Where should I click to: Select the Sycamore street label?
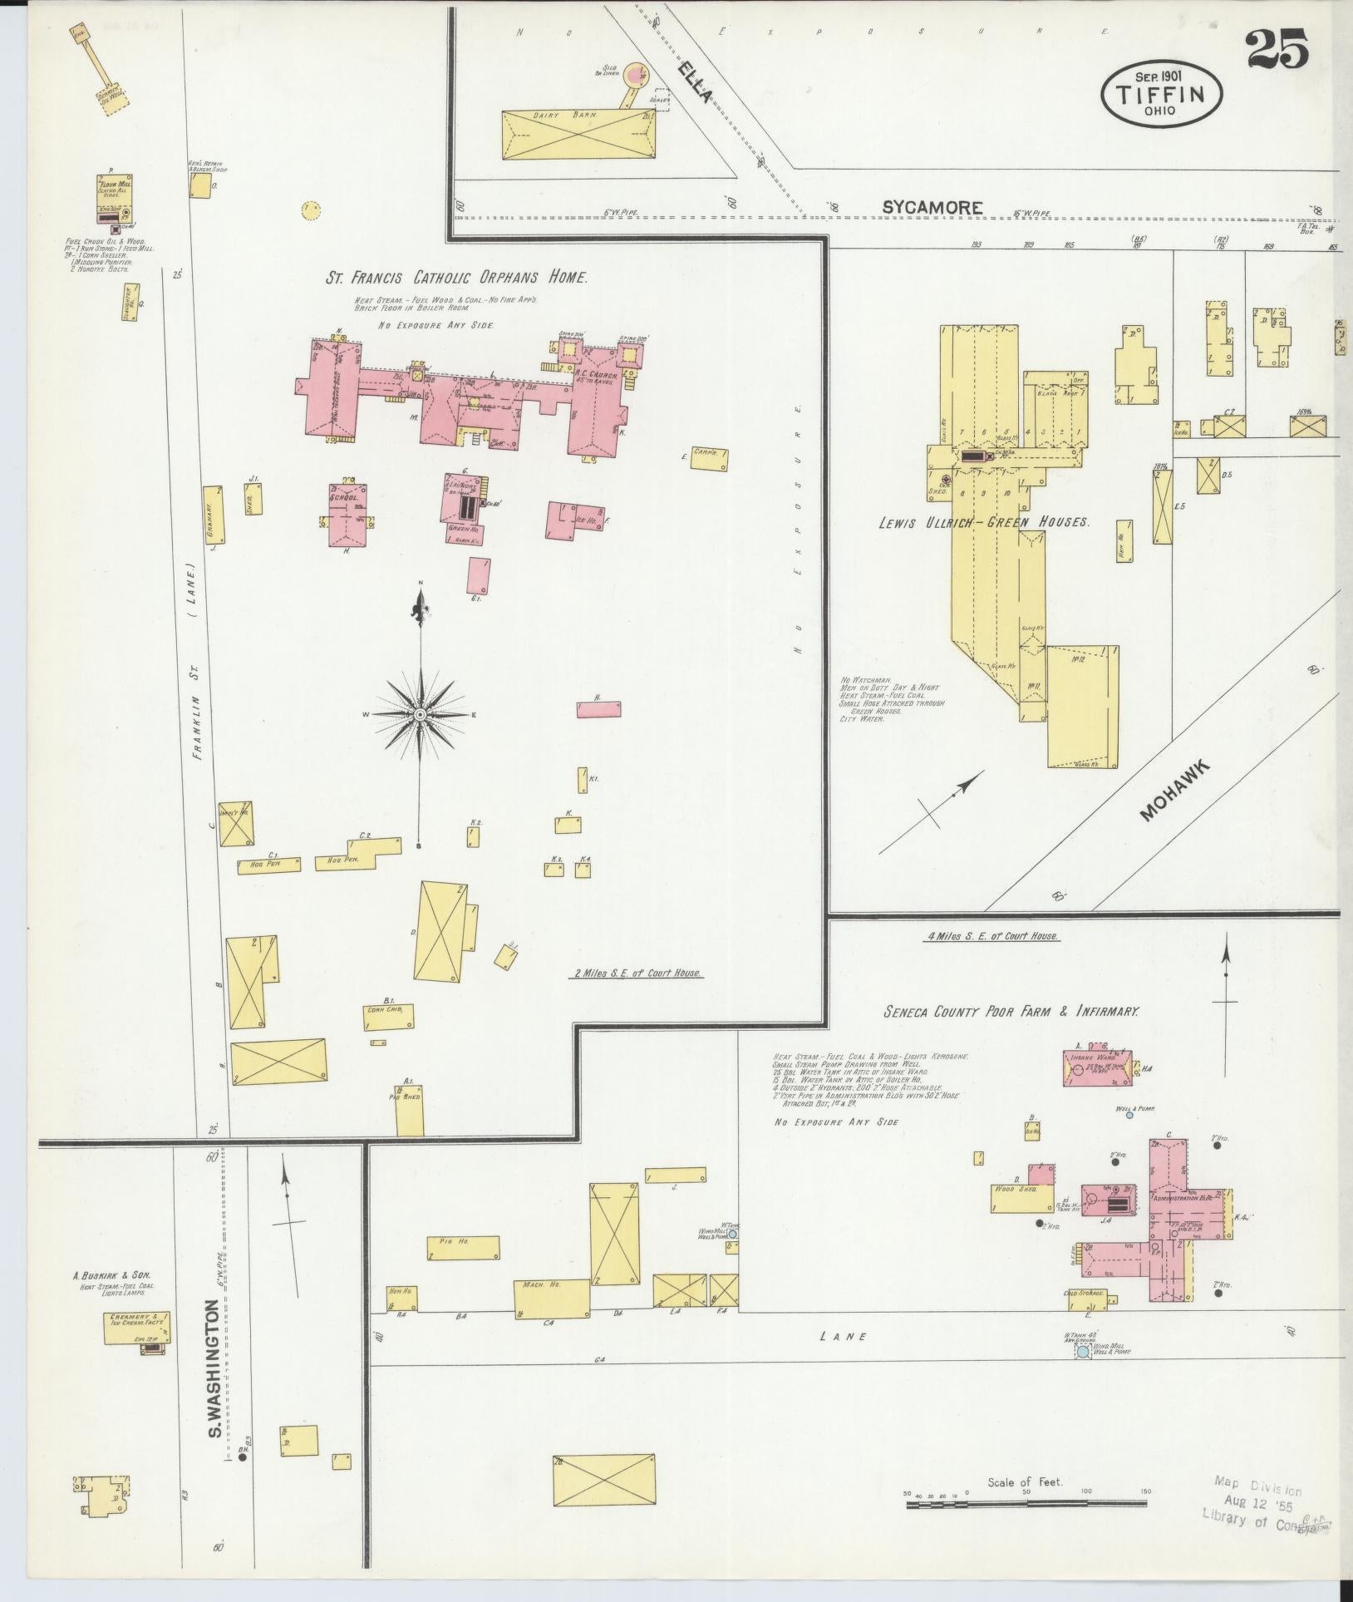932,208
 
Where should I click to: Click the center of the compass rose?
421,714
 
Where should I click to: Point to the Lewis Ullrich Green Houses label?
985,523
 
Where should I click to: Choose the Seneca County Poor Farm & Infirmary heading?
1011,1012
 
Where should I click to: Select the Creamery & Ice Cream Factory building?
138,1328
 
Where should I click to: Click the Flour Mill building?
114,195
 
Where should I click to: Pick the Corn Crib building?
388,1017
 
